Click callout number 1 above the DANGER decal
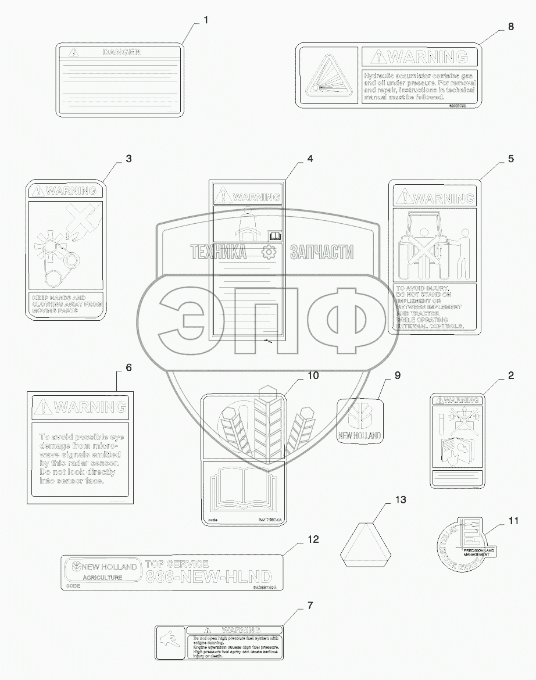pyautogui.click(x=205, y=20)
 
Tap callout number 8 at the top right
pyautogui.click(x=510, y=26)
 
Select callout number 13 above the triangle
pyautogui.click(x=401, y=500)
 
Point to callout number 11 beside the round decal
pyautogui.click(x=513, y=521)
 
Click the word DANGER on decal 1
pyautogui.click(x=122, y=52)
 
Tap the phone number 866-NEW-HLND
pyautogui.click(x=208, y=577)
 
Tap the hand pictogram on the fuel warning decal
pyautogui.click(x=171, y=643)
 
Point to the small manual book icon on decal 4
pyautogui.click(x=273, y=235)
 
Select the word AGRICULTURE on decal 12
pyautogui.click(x=102, y=578)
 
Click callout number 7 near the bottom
pyautogui.click(x=310, y=606)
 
